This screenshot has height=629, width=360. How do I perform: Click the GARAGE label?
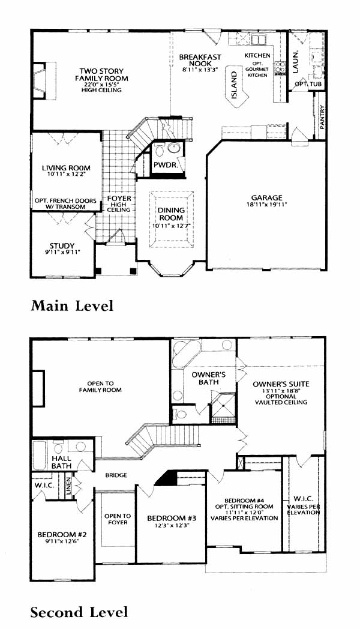pyautogui.click(x=266, y=197)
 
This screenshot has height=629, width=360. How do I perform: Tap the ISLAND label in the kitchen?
pyautogui.click(x=234, y=85)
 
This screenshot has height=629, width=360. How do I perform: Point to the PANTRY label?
pyautogui.click(x=322, y=116)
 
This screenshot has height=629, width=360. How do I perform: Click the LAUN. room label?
pyautogui.click(x=295, y=61)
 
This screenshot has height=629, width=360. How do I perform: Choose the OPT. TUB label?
pyautogui.click(x=308, y=84)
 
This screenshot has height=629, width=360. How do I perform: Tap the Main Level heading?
pyautogui.click(x=72, y=305)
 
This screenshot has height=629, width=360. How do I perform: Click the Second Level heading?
pyautogui.click(x=79, y=612)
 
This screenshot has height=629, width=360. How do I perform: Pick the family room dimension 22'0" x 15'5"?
pyautogui.click(x=101, y=84)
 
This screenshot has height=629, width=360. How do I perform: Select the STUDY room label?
pyautogui.click(x=62, y=245)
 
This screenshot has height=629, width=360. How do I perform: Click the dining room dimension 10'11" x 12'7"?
pyautogui.click(x=171, y=226)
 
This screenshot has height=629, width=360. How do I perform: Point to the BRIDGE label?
pyautogui.click(x=116, y=475)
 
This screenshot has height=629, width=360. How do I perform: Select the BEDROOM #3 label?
pyautogui.click(x=168, y=518)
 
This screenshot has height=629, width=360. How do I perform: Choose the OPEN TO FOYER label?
pyautogui.click(x=118, y=519)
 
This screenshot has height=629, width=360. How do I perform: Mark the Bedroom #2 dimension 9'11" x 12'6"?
pyautogui.click(x=62, y=541)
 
